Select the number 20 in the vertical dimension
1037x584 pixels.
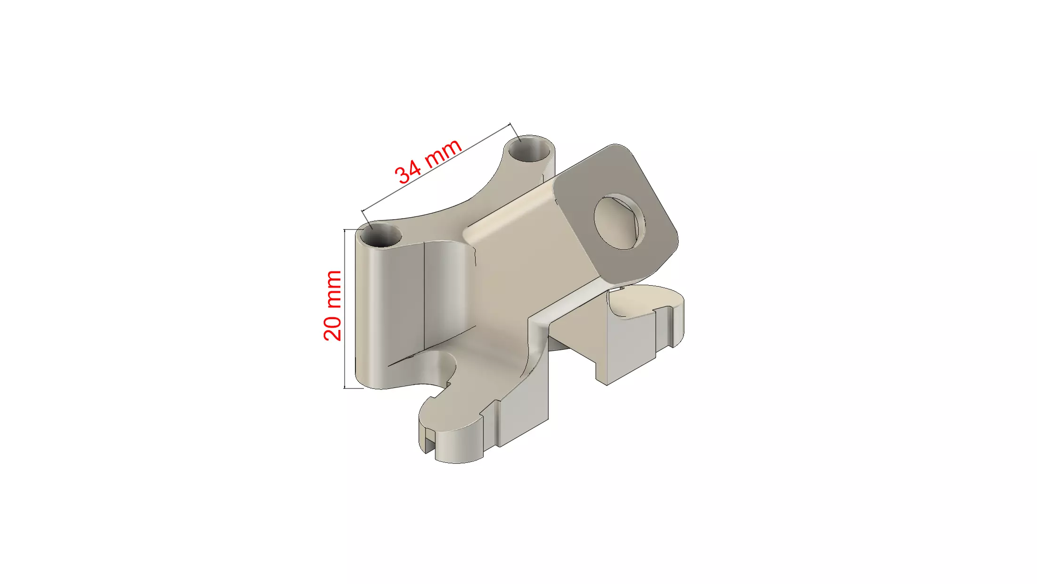tap(332, 327)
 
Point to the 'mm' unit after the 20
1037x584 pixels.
tap(333, 289)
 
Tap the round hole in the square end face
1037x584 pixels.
tap(619, 222)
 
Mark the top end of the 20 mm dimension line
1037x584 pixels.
tap(345, 230)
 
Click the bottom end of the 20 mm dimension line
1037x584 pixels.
tap(345, 388)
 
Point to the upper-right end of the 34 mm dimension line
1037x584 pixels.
tap(510, 124)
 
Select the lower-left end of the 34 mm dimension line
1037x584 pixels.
tap(362, 211)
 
